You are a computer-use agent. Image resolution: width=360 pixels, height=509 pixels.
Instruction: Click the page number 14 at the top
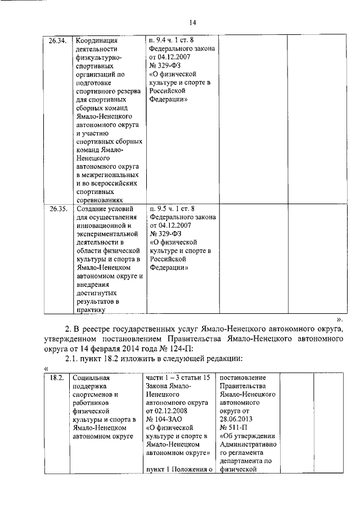click(191, 22)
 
